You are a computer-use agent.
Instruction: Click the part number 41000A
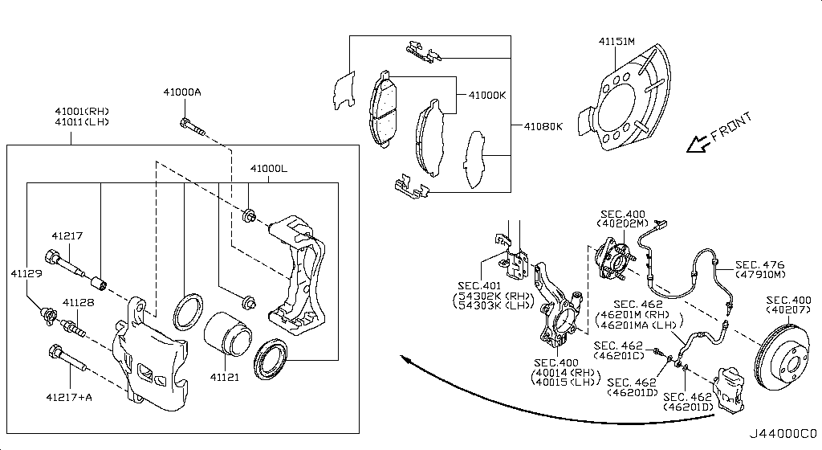click(182, 92)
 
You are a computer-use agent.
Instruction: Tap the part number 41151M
click(616, 40)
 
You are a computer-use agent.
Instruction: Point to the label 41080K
click(543, 127)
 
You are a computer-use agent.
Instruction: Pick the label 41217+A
click(69, 397)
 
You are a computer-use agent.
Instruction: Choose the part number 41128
click(79, 303)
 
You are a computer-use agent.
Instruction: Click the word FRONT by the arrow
click(731, 128)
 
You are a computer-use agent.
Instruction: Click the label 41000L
click(268, 170)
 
